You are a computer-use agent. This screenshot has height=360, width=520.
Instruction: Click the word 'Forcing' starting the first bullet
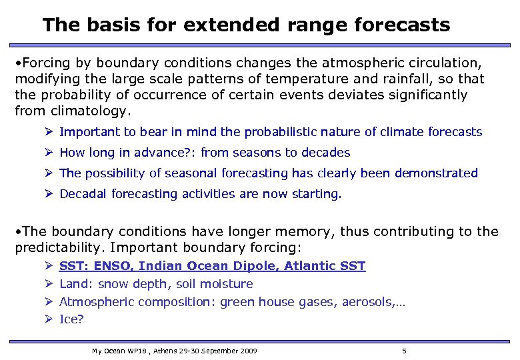coord(47,63)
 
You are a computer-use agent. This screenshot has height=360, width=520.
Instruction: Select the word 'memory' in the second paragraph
coord(303,231)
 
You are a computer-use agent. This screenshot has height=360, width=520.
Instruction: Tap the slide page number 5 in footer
coord(404,351)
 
